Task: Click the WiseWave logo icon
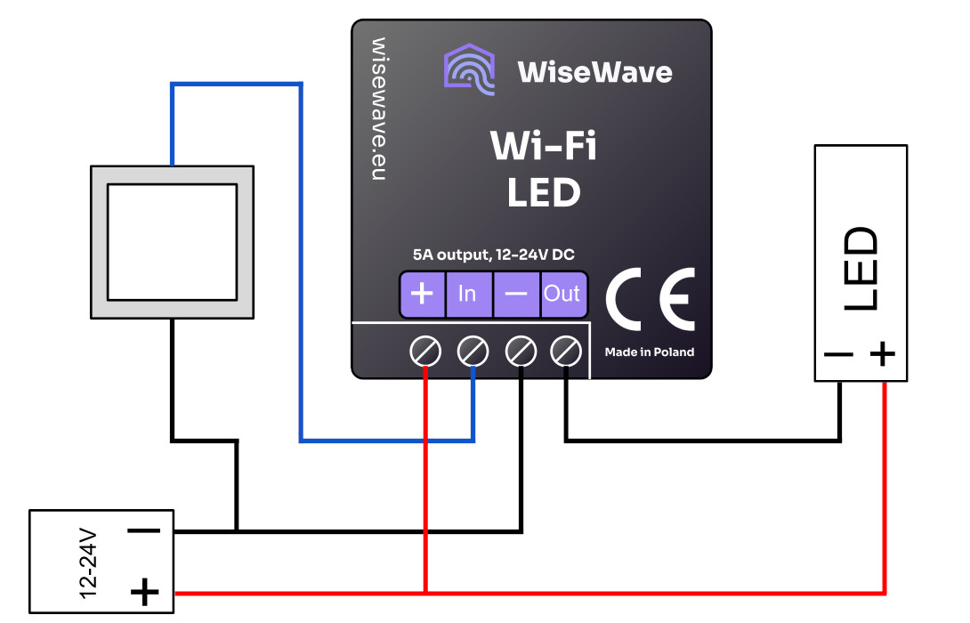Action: point(469,69)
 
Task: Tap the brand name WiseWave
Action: point(594,71)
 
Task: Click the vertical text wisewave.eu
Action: point(378,109)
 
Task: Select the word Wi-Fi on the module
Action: point(544,146)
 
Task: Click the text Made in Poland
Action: point(650,352)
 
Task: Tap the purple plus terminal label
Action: point(423,294)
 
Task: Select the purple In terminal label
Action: point(467,294)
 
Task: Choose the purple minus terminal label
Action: point(516,294)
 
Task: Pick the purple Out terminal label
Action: point(562,294)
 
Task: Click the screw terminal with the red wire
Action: point(425,352)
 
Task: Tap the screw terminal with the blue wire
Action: point(473,352)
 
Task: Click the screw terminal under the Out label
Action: point(566,352)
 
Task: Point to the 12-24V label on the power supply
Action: point(88,562)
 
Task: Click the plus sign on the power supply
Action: point(144,590)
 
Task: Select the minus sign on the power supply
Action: point(144,531)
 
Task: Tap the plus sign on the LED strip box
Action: point(882,354)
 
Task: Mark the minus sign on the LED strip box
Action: point(838,354)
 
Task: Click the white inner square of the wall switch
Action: point(172,242)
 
